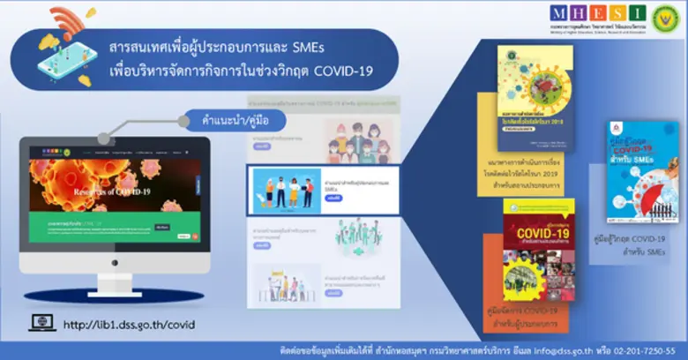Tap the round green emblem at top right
(x=664, y=19)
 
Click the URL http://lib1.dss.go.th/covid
(x=129, y=326)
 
